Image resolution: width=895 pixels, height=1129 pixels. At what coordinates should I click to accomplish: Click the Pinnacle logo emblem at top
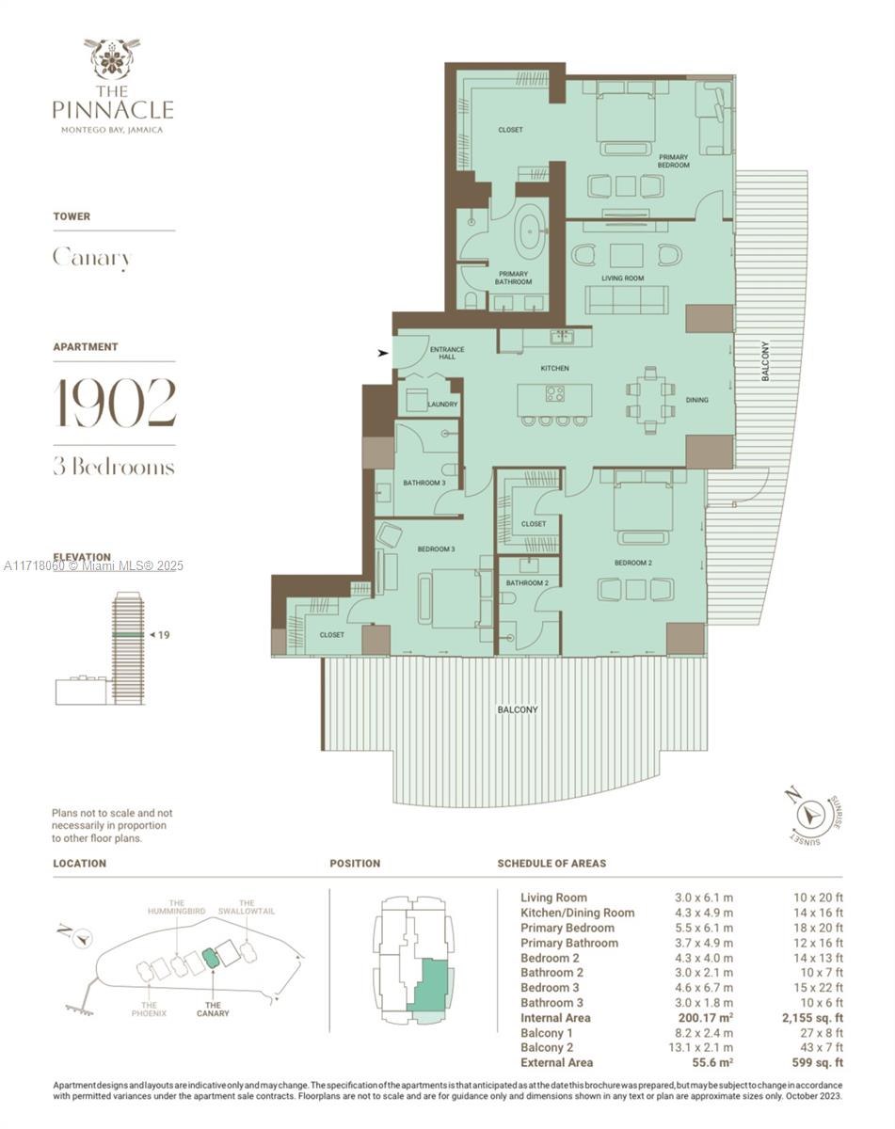[112, 57]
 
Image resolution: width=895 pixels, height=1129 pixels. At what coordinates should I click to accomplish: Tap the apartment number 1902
[114, 403]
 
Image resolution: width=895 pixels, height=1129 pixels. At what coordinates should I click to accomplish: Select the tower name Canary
[91, 258]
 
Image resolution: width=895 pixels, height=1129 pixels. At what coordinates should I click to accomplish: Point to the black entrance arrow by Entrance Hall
[381, 354]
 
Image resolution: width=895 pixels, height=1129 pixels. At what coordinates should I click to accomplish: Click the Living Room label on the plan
[622, 278]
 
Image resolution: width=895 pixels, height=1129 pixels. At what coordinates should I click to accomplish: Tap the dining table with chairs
[649, 398]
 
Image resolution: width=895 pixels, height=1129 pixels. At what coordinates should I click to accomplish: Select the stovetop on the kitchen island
[554, 394]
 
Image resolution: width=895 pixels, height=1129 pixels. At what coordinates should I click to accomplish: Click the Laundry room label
[442, 405]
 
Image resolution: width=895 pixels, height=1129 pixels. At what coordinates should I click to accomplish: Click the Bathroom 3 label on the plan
[424, 483]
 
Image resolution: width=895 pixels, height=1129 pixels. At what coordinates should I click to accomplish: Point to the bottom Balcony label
[518, 709]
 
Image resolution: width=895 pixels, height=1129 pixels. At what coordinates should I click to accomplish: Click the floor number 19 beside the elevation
[163, 635]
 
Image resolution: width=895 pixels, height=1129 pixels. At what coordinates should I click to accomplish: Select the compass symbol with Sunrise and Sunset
[808, 815]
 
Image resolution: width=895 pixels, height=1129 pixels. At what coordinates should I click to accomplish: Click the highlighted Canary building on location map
[211, 959]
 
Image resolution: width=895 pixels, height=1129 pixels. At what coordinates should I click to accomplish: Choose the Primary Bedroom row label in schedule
[569, 928]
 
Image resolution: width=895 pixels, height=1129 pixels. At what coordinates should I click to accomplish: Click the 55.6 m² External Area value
[705, 1062]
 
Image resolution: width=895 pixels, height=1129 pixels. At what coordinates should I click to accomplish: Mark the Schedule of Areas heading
[551, 863]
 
